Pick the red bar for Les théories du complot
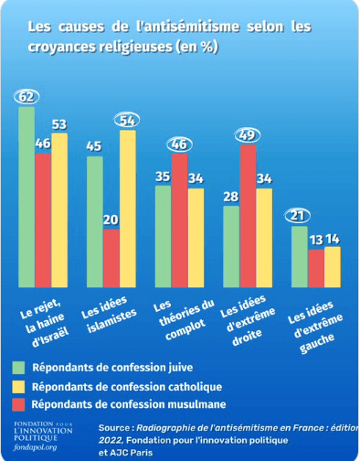point(179,220)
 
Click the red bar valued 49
point(247,215)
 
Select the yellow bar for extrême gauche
point(333,265)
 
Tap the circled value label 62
point(26,96)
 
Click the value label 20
point(111,220)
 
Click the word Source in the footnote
point(114,427)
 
